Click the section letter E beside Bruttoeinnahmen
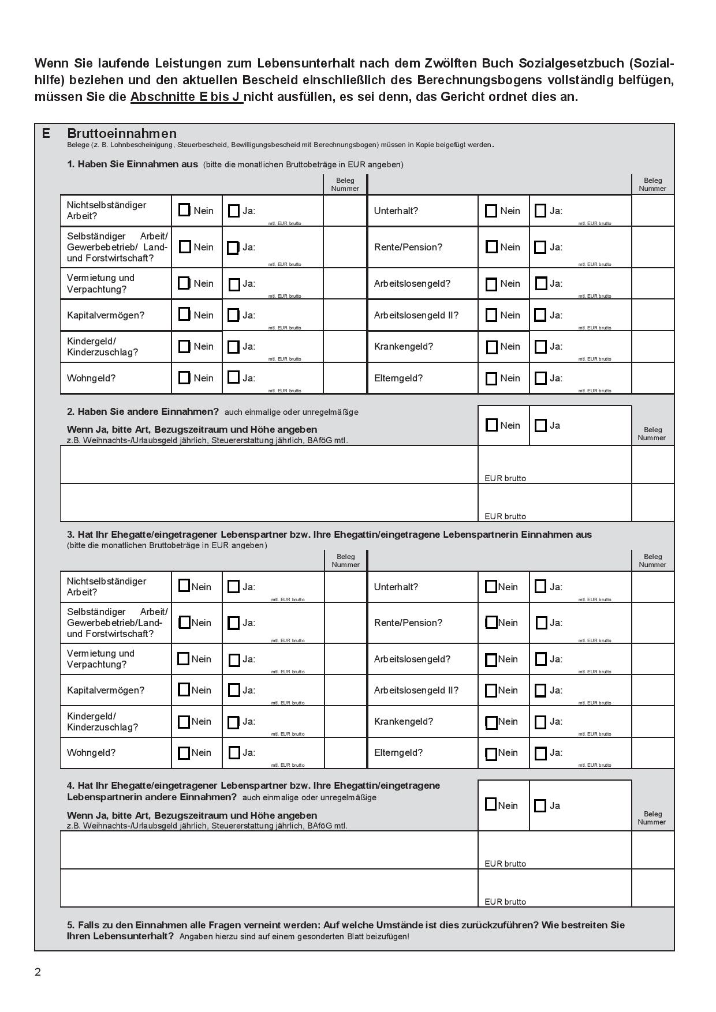[x=46, y=134]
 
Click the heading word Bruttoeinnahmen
[x=121, y=134]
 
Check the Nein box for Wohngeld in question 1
[x=184, y=378]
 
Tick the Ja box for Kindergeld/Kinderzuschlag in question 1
[x=233, y=347]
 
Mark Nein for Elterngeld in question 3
[x=491, y=754]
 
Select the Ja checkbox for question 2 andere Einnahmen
[x=540, y=426]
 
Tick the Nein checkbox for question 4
[x=491, y=805]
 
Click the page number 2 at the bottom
[x=38, y=972]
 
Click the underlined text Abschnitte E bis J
[x=186, y=97]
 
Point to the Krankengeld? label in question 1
[x=403, y=347]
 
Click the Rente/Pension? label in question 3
[x=408, y=623]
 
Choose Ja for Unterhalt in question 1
[x=540, y=211]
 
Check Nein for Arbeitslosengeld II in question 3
[x=491, y=691]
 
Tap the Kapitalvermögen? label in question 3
[x=106, y=691]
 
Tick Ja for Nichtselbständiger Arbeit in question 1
[x=233, y=211]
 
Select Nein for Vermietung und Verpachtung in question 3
[x=184, y=659]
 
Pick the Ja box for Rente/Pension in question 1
[x=540, y=248]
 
